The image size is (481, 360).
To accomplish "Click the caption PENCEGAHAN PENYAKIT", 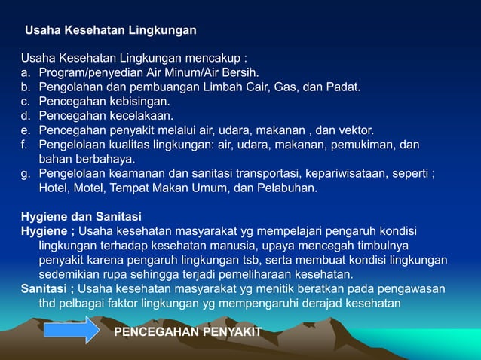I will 188,332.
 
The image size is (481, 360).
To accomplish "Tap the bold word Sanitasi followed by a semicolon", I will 47,288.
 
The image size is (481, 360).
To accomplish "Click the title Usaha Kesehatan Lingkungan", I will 111,31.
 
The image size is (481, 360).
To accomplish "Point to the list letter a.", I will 25,73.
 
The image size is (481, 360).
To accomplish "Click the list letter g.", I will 25,174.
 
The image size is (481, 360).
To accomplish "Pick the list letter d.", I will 25,116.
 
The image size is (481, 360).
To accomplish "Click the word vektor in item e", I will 355,130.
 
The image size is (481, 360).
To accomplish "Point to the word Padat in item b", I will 343,87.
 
